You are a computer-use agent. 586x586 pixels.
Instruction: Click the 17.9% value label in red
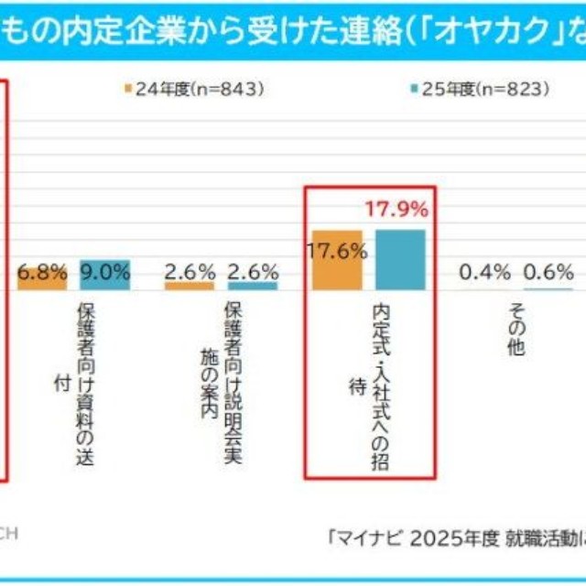click(x=396, y=210)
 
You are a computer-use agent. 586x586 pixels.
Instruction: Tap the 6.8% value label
click(x=43, y=272)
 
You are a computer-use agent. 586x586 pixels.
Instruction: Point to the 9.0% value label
click(x=104, y=272)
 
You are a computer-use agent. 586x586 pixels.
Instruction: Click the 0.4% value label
click(x=484, y=272)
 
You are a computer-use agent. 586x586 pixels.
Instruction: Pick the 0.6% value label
click(x=548, y=272)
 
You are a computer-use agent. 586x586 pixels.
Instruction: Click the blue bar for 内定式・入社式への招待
click(x=400, y=260)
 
